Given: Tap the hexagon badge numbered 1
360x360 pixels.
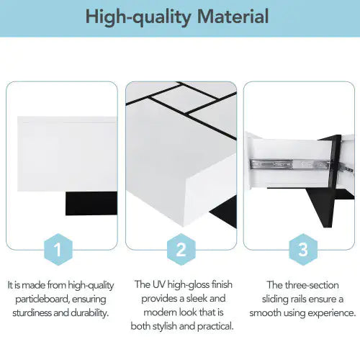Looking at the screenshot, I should pos(61,250).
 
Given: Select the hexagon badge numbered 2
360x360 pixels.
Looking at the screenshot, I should pos(181,250).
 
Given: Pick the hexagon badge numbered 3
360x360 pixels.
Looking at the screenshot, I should pos(302,250).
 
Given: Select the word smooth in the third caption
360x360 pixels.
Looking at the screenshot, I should pos(265,312).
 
